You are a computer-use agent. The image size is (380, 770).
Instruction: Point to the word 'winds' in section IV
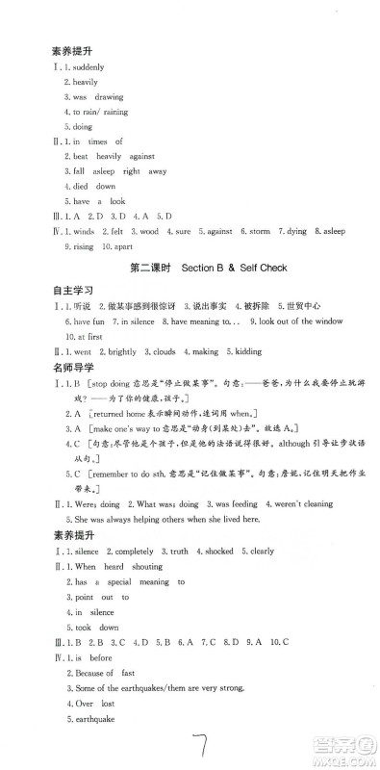[84, 231]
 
